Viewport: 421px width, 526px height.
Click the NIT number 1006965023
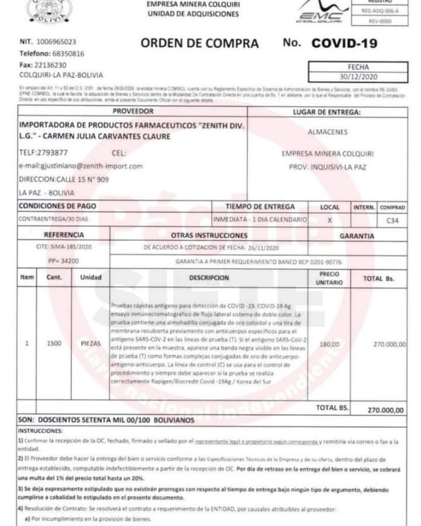56,43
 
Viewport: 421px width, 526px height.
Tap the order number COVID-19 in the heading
344,43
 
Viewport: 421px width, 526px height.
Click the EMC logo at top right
319,13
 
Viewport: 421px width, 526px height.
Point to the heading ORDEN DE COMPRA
199,43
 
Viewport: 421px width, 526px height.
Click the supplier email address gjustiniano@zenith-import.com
81,166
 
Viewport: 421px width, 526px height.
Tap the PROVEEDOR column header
133,111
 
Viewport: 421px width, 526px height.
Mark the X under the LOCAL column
330,220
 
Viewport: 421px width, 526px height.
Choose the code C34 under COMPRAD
392,221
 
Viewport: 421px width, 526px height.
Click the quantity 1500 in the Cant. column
54,344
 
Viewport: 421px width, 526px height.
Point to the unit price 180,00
329,344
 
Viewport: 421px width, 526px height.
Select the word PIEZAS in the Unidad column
91,344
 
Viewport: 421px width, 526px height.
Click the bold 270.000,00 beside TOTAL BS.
385,410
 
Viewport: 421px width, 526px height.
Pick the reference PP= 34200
64,261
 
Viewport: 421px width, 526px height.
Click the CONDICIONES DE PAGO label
58,206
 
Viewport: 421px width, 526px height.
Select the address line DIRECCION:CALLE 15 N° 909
64,179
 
